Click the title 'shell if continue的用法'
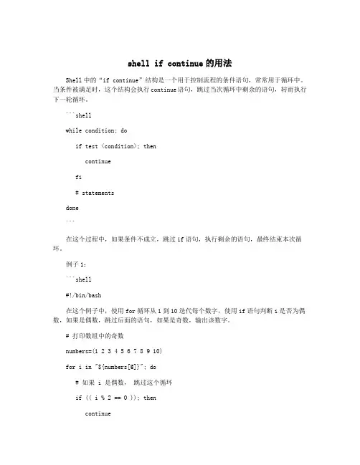[180, 64]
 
